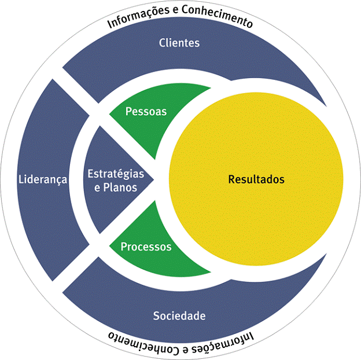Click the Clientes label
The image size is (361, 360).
179,43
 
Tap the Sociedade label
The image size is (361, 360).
179,316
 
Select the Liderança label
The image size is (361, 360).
42,179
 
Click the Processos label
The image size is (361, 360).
146,247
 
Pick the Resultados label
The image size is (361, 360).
256,179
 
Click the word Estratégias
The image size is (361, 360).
116,173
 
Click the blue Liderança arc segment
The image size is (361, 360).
46,220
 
